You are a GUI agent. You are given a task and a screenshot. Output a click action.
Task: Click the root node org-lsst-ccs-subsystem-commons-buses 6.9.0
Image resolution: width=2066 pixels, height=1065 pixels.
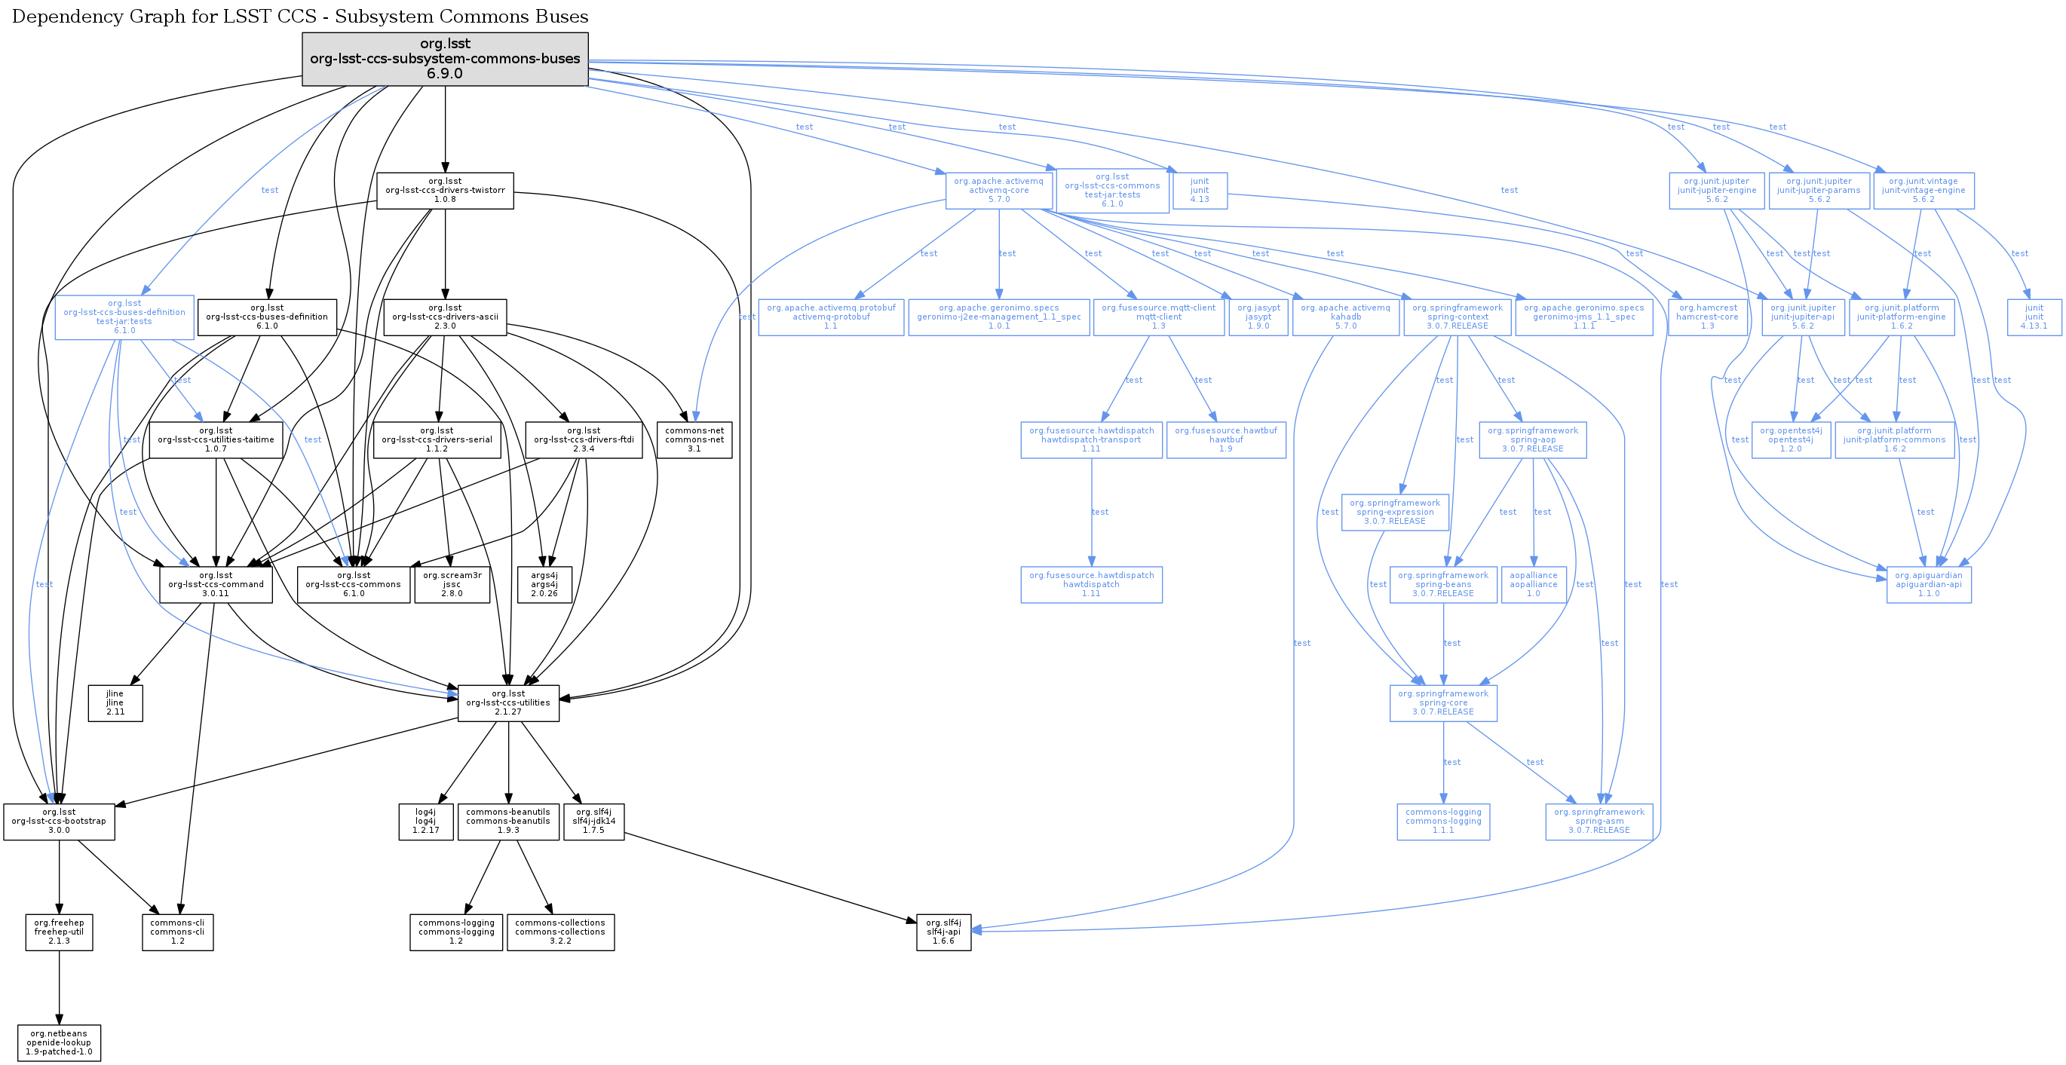(445, 59)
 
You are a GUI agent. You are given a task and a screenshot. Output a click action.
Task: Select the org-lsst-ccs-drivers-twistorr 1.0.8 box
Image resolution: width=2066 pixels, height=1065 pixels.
(445, 191)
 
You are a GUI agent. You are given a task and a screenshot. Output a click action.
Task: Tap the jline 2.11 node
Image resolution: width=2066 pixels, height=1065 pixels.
(115, 702)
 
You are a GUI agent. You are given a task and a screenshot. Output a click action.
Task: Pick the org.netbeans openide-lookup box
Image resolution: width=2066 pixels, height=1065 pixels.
(60, 1042)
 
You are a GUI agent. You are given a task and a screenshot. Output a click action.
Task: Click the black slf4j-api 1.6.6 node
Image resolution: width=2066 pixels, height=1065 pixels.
(943, 932)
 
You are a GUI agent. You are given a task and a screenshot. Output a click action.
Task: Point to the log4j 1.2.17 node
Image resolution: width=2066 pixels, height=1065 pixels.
(426, 822)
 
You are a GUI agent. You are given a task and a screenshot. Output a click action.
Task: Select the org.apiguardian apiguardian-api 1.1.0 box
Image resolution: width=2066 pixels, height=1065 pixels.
(1929, 585)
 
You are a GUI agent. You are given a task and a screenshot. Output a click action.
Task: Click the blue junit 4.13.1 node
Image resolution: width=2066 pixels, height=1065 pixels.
(2034, 317)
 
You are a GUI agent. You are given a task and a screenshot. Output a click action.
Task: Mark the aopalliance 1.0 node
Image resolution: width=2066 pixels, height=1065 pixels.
(1534, 585)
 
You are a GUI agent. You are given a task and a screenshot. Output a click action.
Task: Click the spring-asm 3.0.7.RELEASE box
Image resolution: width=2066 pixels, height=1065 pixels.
(1599, 822)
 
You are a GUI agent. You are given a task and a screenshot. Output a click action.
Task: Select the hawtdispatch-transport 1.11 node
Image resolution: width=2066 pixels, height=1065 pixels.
(1092, 439)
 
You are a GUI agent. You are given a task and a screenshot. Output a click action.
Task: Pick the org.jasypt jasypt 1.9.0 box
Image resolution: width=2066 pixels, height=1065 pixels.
(1258, 317)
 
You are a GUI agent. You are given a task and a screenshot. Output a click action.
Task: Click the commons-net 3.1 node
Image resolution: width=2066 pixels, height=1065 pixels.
(694, 439)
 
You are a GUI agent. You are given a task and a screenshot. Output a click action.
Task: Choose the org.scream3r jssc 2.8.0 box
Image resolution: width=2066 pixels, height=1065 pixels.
(452, 585)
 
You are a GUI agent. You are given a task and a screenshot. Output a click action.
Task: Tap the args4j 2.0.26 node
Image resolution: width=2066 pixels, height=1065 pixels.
(544, 585)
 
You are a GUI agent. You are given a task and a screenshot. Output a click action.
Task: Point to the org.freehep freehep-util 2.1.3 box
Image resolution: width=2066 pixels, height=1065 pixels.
(60, 932)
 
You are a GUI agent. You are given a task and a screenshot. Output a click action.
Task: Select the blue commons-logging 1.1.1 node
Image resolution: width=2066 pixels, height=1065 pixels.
(1443, 822)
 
